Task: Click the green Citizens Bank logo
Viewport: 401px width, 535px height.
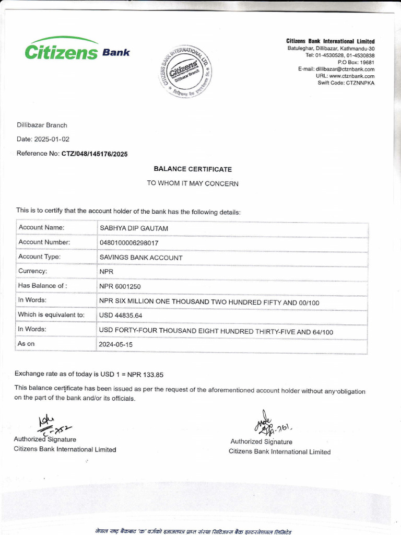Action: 76,50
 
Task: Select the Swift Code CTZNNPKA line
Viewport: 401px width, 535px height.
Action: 346,83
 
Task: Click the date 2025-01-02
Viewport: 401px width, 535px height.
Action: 52,139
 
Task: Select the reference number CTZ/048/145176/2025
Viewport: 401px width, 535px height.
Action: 95,154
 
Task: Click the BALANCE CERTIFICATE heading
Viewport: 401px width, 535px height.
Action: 193,169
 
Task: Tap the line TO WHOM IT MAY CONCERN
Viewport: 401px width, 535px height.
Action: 193,183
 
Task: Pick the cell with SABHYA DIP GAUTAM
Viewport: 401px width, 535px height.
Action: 134,228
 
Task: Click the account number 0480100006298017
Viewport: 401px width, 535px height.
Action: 129,243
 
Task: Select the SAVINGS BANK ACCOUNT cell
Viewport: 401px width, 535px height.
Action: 141,258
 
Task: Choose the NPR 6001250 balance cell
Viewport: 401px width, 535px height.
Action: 120,286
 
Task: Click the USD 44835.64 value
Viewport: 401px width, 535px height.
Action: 121,316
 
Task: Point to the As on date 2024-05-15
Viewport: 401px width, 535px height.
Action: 116,345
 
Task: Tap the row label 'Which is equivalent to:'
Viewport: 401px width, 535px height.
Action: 51,315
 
